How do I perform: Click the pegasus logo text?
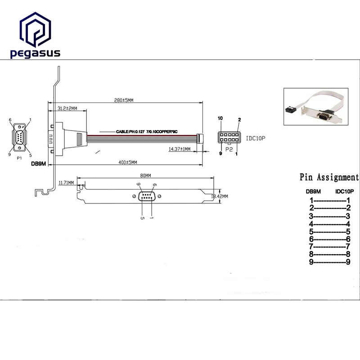(35, 54)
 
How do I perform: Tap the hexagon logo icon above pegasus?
(35, 30)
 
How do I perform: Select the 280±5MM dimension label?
(124, 100)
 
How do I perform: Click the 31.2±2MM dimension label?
(68, 108)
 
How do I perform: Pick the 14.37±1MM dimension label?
(180, 149)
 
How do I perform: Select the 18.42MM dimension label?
(220, 197)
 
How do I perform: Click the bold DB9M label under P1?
(39, 164)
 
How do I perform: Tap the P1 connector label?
(19, 159)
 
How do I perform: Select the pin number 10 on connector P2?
(220, 118)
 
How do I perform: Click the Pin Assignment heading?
(329, 177)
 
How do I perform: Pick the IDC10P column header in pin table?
(345, 191)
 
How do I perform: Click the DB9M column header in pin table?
(313, 191)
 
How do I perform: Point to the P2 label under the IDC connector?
(228, 149)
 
